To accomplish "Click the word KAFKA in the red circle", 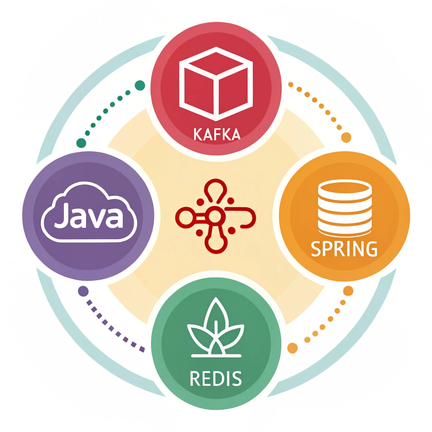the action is (216, 134).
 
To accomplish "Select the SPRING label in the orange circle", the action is (344, 249).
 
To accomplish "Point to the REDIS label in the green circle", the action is (216, 378).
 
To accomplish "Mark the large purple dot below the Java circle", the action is (84, 291).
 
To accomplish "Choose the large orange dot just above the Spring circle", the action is (346, 138).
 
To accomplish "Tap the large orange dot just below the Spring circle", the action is (348, 291).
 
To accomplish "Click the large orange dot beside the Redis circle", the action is (292, 348).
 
